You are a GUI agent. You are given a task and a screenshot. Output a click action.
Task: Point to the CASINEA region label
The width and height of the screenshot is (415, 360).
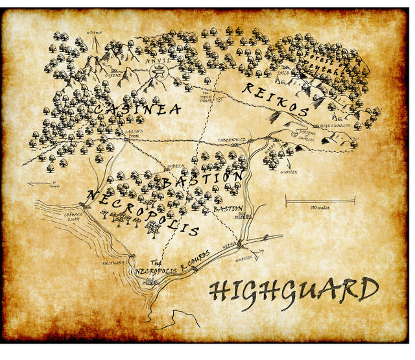(136, 111)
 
